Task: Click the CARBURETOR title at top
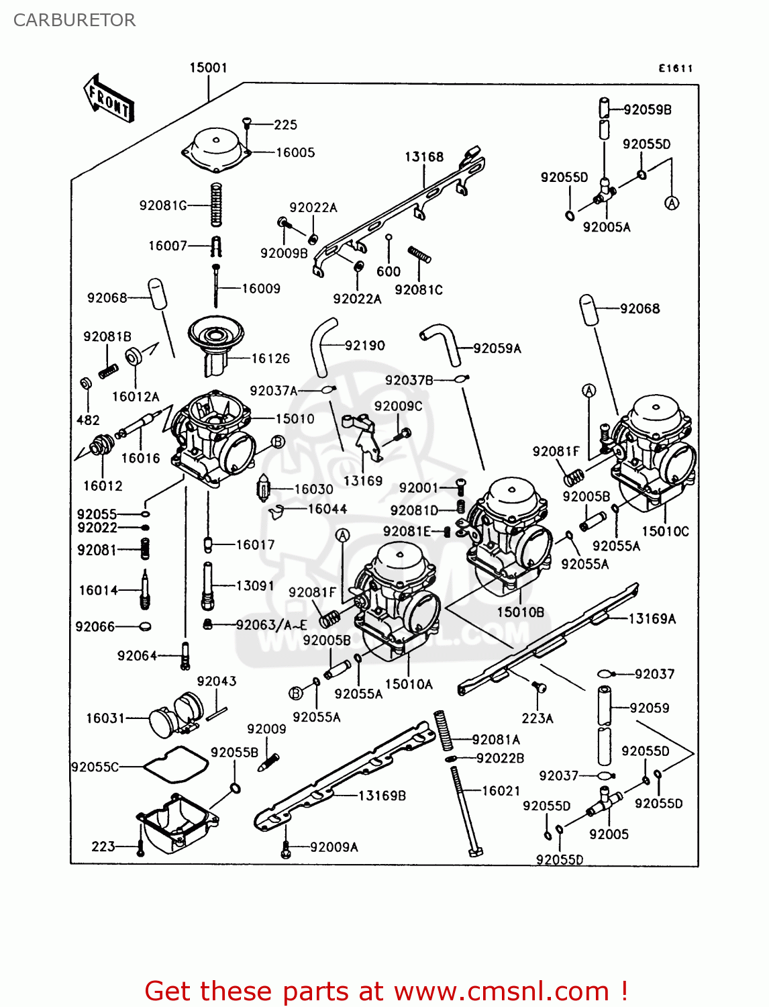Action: (x=74, y=20)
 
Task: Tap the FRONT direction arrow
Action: (x=109, y=99)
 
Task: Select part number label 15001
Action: (x=208, y=68)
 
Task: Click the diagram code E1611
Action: (x=675, y=68)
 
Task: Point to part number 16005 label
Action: (x=295, y=152)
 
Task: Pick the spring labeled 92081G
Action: (x=216, y=204)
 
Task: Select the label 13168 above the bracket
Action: (x=424, y=157)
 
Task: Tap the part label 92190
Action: (x=365, y=346)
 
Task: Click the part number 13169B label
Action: (x=382, y=796)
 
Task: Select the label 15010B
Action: (x=520, y=612)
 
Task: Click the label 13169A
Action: (x=652, y=619)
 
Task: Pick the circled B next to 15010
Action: (x=278, y=442)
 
